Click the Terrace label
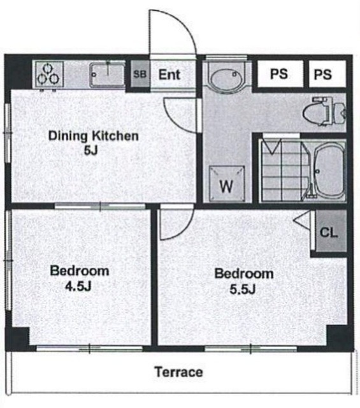[179, 372]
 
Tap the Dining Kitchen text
[94, 136]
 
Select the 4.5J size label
[78, 286]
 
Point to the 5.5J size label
[242, 289]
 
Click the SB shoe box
[140, 74]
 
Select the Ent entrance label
[169, 75]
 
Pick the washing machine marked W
[227, 184]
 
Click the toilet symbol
[324, 112]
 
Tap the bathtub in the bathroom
[329, 171]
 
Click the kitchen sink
[107, 75]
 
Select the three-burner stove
[48, 74]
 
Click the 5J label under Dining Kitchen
[90, 150]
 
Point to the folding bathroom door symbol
[272, 147]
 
